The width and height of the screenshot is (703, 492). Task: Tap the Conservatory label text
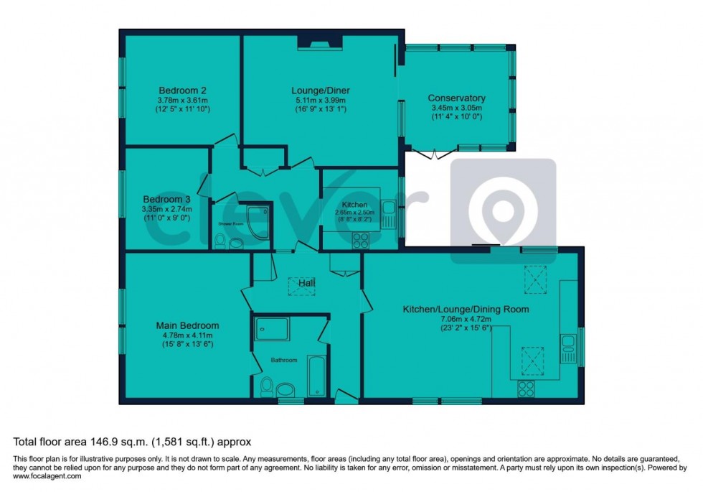coord(456,98)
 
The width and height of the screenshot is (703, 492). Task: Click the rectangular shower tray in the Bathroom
coord(271,329)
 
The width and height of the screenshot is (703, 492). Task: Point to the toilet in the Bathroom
coord(265,386)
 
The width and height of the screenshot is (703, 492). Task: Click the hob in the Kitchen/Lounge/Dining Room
coord(526,388)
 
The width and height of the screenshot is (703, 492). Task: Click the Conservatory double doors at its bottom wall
coord(432,153)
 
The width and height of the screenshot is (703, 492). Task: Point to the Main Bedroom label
coord(187,325)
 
